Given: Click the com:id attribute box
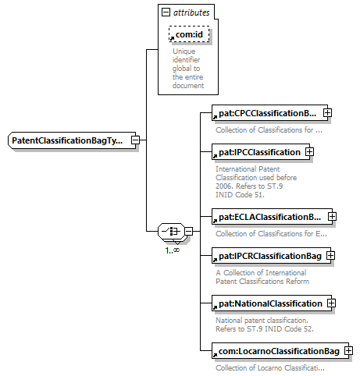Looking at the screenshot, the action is pos(189,34).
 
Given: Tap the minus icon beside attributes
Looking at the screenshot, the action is pos(166,12).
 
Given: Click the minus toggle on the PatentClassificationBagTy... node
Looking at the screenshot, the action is pos(135,140).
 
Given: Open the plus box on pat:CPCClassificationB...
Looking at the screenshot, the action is pos(327,113).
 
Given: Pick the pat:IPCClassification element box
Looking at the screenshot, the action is pos(261,152).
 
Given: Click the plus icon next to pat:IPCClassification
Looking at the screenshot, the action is pos(309,152).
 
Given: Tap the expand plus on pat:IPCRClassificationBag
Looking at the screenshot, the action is pos(330,256).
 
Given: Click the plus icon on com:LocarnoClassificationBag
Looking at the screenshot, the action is pos(348,351).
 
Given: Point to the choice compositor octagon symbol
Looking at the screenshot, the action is pos(171,231).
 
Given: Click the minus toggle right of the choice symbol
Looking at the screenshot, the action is pos(189,231).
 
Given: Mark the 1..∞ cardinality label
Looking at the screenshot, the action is pos(173,250).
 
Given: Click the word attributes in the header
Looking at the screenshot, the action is pos(191,12).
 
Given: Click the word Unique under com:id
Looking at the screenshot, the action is pos(184,51).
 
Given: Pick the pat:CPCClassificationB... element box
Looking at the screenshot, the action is pos(270,113).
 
